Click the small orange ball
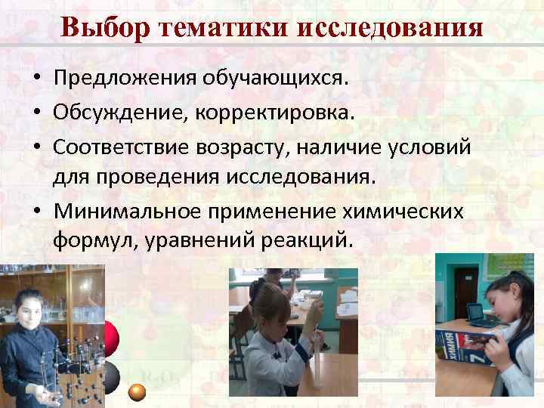[138, 391]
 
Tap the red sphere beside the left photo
[110, 336]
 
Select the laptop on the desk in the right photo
[476, 312]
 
